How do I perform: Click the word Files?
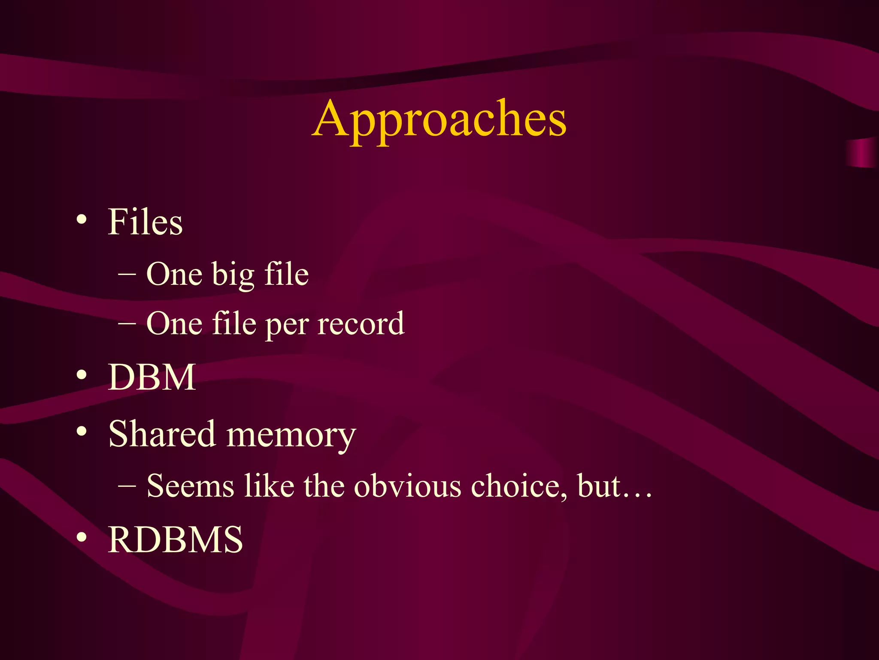pos(145,222)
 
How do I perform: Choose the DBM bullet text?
pos(152,377)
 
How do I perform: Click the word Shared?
pos(161,434)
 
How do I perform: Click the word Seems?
pos(190,486)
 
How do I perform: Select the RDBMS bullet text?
pos(175,540)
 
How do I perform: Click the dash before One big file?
pos(127,274)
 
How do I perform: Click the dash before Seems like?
pos(127,486)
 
